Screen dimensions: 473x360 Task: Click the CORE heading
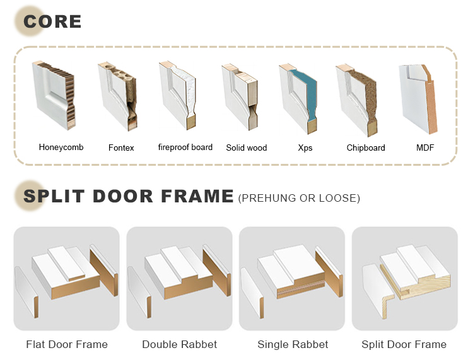(52, 21)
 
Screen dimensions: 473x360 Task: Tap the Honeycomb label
(61, 147)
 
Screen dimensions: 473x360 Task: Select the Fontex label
(121, 148)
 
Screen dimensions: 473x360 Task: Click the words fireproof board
(185, 147)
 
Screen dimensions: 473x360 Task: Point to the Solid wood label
(247, 148)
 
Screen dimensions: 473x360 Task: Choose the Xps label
(305, 148)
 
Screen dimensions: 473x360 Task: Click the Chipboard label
(366, 148)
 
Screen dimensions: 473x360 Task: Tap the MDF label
(425, 148)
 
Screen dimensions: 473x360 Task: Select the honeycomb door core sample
(54, 95)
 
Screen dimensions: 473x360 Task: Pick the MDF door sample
(418, 99)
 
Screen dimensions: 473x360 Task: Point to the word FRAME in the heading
(197, 196)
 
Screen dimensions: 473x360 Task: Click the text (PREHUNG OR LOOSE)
(299, 198)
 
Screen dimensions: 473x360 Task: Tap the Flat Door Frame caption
(67, 344)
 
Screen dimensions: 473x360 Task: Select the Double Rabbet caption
(180, 344)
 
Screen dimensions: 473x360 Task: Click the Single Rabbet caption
(293, 344)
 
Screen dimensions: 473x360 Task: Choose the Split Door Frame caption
(404, 344)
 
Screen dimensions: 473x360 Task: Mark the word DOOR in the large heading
(123, 196)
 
